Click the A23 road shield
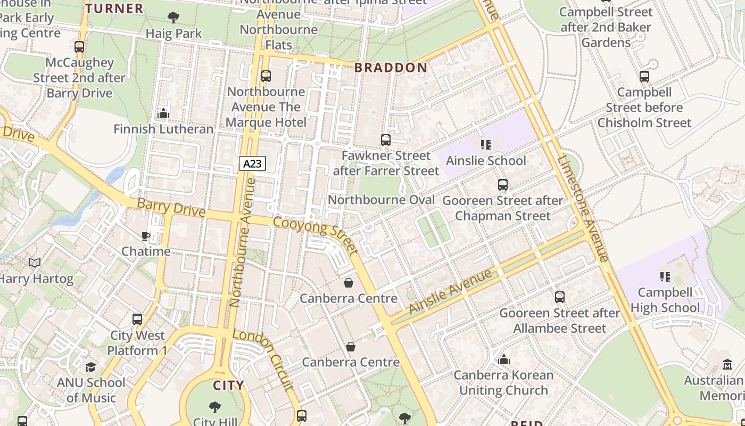pos(252,163)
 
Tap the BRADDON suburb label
pos(391,68)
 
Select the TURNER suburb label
pos(114,9)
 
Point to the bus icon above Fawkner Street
pos(386,140)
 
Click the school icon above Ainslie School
pos(485,145)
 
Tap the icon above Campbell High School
pos(665,276)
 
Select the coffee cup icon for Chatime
pos(145,236)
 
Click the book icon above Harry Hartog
pos(35,263)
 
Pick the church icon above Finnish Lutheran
pos(163,113)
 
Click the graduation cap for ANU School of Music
pos(90,367)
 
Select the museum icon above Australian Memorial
pos(727,365)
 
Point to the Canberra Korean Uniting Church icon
pos(504,359)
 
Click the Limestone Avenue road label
pos(584,209)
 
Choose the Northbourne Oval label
pos(381,200)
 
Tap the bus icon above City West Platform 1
pos(137,319)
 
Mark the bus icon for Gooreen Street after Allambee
pos(559,297)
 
